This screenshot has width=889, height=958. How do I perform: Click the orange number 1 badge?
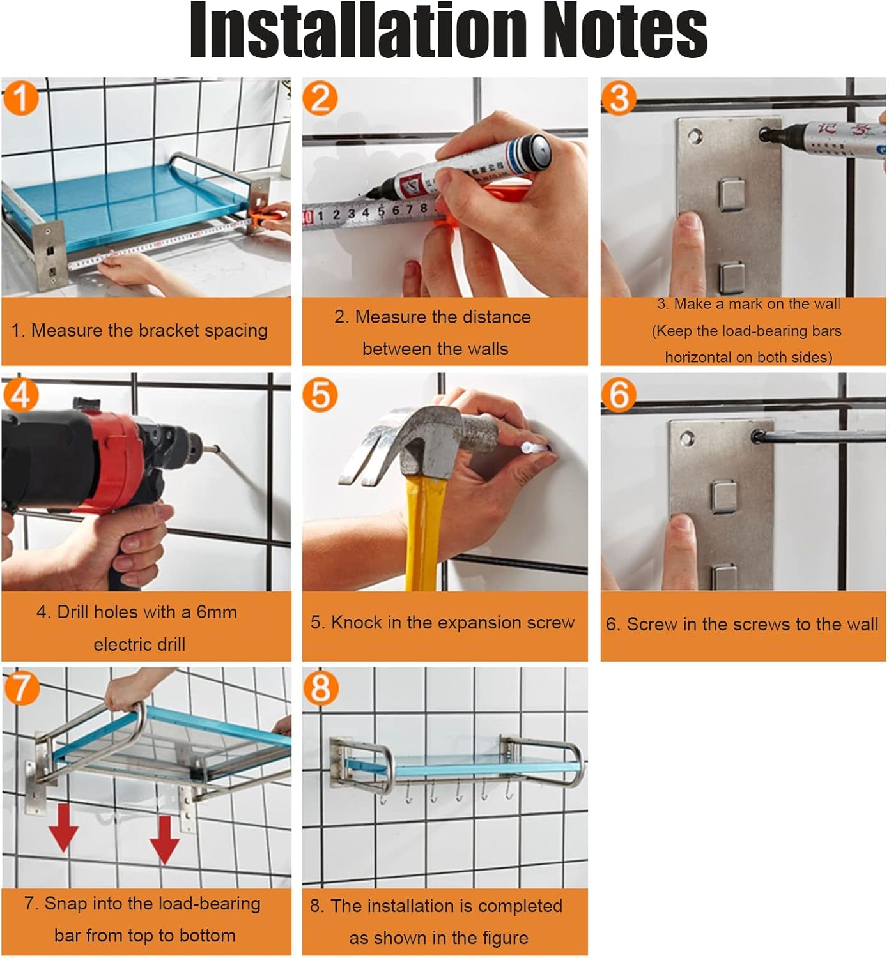[20, 98]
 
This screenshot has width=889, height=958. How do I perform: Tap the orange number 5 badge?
[320, 395]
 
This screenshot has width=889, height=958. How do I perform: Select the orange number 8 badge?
[320, 688]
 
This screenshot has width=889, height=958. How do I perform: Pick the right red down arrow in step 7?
[164, 839]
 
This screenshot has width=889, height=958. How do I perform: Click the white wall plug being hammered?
[534, 448]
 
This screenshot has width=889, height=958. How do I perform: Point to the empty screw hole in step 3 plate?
[695, 136]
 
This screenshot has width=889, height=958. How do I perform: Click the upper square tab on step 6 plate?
[723, 496]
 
